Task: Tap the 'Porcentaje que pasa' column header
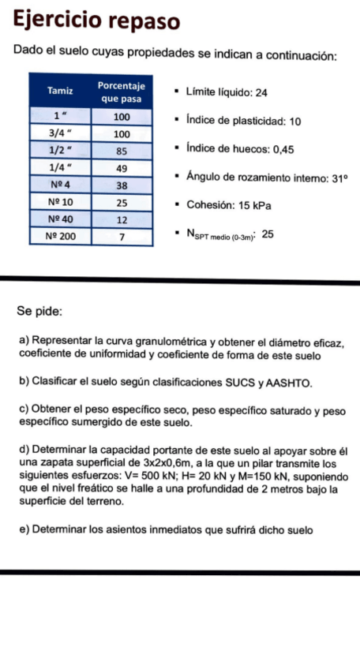point(122,91)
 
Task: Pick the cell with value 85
point(122,150)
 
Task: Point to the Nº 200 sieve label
point(60,235)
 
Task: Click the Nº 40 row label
point(60,219)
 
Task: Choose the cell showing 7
point(122,235)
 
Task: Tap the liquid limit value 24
point(261,93)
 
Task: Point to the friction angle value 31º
point(339,178)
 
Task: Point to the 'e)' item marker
point(24,529)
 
